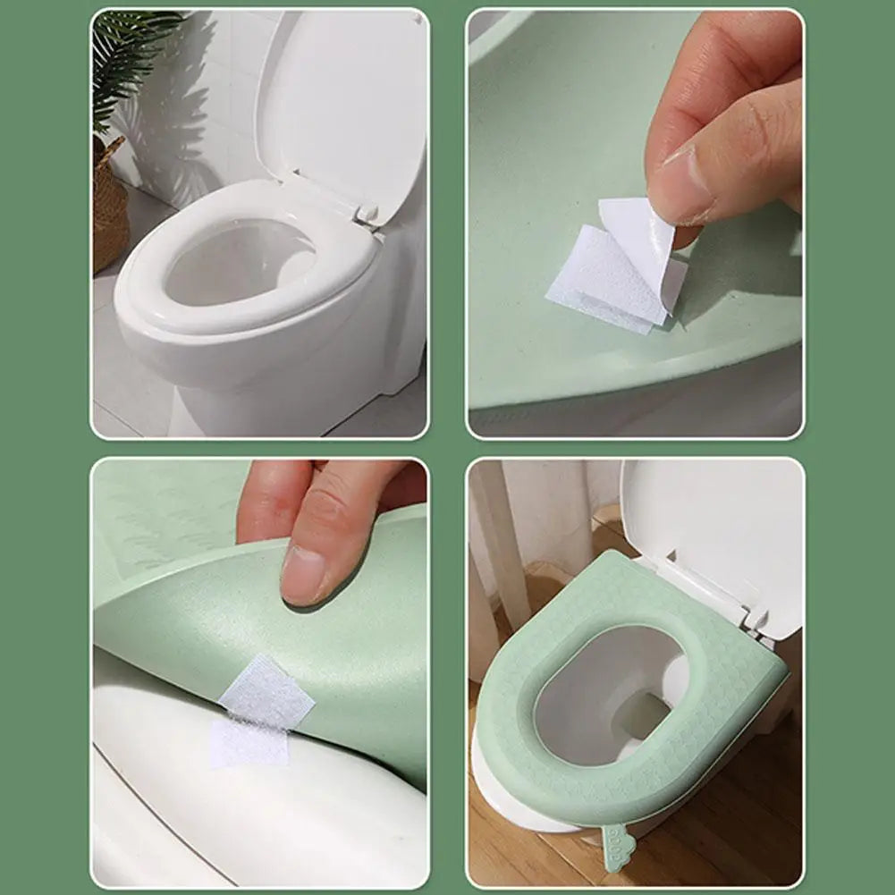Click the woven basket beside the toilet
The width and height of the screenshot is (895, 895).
pyautogui.click(x=110, y=210)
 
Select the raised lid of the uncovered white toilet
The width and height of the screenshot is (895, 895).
pyautogui.click(x=344, y=98)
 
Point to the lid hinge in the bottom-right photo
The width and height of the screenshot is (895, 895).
pyautogui.click(x=756, y=617)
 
